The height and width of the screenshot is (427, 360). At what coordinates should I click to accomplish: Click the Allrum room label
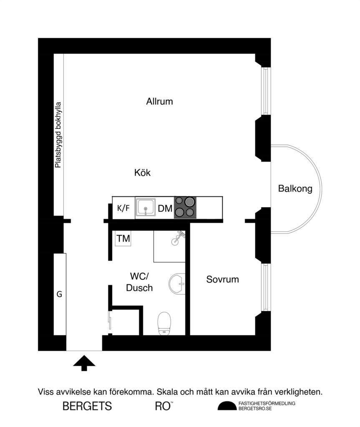click(159, 101)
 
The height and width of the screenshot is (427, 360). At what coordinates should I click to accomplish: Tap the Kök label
click(142, 173)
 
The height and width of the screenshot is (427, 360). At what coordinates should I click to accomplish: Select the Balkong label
click(295, 189)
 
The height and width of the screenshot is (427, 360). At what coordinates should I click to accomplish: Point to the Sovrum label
click(222, 279)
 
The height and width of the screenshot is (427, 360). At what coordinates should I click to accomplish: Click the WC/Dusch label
click(139, 282)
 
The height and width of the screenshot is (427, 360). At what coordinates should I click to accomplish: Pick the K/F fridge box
click(123, 208)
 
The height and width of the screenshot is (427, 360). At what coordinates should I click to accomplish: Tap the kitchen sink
click(146, 208)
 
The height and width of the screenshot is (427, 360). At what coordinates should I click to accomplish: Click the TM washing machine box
click(123, 239)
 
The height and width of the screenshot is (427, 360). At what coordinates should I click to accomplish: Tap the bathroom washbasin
click(177, 284)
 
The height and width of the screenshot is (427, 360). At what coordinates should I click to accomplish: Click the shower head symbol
click(179, 237)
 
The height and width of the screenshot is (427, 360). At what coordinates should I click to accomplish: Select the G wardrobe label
click(59, 294)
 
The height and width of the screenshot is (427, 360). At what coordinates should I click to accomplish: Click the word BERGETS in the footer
click(87, 406)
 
